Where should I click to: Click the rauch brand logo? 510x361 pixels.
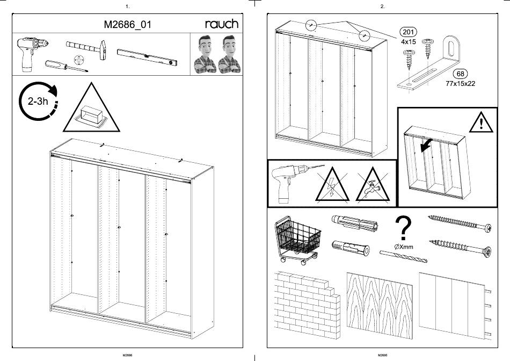click(222, 24)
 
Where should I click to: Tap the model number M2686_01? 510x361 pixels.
click(128, 24)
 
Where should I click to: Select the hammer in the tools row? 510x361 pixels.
click(86, 48)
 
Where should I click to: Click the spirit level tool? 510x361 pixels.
click(147, 57)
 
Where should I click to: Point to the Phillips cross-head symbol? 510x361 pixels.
click(79, 60)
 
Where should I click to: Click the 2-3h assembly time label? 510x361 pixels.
click(38, 101)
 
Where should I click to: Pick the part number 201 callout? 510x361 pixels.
click(408, 32)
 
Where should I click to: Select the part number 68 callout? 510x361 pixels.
click(460, 74)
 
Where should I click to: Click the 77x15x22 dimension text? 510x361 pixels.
click(460, 84)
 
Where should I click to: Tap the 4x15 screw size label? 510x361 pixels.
click(408, 42)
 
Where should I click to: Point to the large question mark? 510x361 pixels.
click(403, 228)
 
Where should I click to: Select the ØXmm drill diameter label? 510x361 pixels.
click(404, 247)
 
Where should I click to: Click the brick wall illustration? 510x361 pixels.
click(307, 305)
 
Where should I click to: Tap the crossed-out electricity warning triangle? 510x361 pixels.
click(332, 185)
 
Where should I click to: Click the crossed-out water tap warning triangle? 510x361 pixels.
click(373, 185)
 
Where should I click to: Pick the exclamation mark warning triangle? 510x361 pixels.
click(481, 122)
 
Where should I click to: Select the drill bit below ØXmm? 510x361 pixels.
click(403, 256)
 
